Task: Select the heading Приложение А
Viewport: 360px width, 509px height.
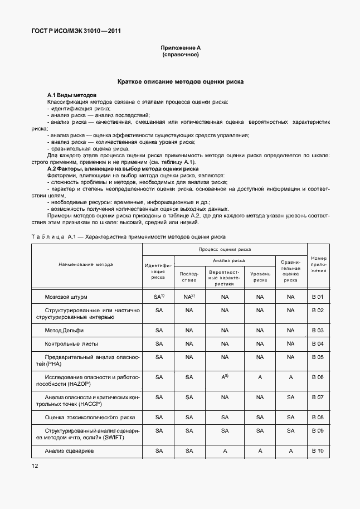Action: [x=180, y=49]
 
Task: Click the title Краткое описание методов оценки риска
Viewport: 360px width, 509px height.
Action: [x=180, y=81]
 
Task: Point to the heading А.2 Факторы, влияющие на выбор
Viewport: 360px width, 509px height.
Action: [x=123, y=168]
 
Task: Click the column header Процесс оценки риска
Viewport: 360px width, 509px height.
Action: [x=225, y=250]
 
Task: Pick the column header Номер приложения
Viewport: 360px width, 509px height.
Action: [x=318, y=264]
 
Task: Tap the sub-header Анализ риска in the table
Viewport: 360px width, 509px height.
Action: [x=225, y=260]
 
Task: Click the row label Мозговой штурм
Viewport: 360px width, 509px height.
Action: [x=66, y=298]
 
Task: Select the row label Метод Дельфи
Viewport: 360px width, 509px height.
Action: [x=63, y=331]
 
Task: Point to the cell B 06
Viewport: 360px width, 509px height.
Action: [x=318, y=377]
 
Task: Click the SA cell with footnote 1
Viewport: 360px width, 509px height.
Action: [x=159, y=297]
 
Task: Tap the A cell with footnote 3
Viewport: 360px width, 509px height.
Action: [x=225, y=377]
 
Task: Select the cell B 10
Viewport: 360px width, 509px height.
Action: [x=318, y=450]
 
